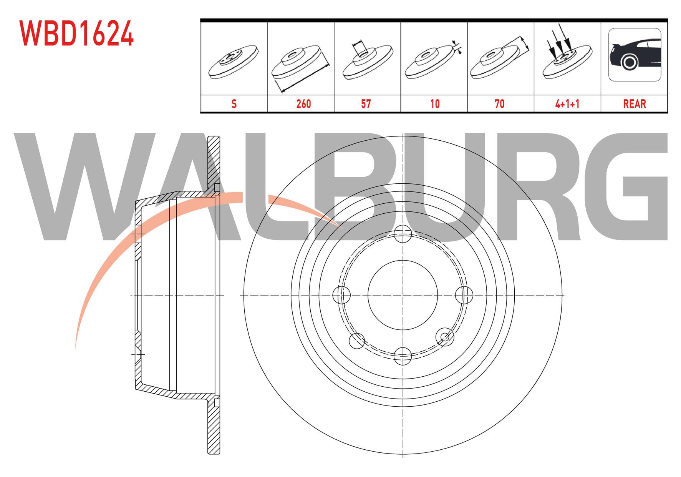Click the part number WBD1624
click(x=76, y=33)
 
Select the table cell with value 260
click(x=303, y=104)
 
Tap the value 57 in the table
click(x=366, y=104)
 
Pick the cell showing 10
click(x=435, y=104)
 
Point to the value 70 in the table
click(x=500, y=104)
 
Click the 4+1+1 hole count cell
click(x=567, y=104)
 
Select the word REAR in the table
click(x=635, y=104)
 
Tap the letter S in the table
click(x=234, y=104)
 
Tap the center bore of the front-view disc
click(x=403, y=295)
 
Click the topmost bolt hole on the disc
click(x=403, y=234)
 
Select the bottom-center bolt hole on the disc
click(x=403, y=355)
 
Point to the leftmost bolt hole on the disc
click(x=341, y=295)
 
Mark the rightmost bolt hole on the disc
click(x=464, y=295)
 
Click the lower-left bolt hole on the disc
click(x=357, y=340)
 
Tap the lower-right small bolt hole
click(x=445, y=337)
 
